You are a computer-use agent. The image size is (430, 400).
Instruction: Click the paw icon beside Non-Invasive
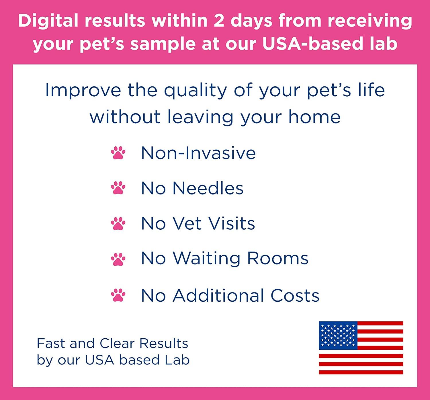[118, 153]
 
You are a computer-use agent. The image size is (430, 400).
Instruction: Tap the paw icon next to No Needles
[118, 188]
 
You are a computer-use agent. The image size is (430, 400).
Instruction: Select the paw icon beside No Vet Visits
[118, 224]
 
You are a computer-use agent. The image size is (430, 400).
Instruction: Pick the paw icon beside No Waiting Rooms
[118, 259]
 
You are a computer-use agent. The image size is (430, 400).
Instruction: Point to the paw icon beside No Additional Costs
[118, 295]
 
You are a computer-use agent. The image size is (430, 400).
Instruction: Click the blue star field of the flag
[338, 335]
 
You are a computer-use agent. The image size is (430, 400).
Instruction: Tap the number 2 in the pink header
[219, 21]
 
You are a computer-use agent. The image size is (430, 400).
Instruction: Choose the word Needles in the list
[208, 188]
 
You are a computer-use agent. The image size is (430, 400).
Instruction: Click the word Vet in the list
[187, 224]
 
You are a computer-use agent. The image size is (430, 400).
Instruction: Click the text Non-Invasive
[198, 153]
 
